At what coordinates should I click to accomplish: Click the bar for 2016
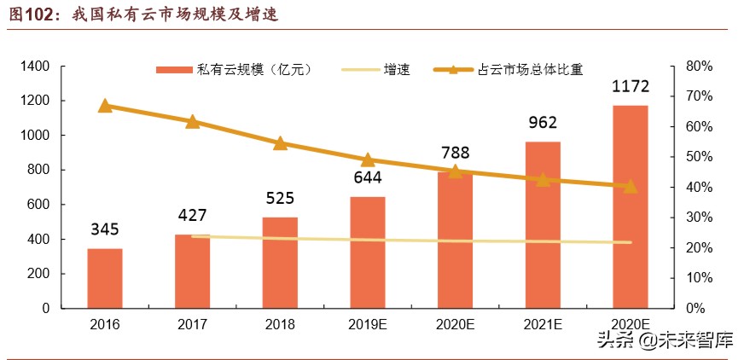[104, 278]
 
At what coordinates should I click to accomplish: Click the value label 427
[192, 215]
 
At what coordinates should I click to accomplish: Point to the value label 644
[367, 177]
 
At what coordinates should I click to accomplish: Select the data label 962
[543, 123]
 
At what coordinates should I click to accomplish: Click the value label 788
[455, 153]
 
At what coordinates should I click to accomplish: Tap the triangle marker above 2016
[105, 106]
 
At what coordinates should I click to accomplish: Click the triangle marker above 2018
[280, 143]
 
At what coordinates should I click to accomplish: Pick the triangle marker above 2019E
[368, 160]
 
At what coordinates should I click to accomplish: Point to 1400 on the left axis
[37, 67]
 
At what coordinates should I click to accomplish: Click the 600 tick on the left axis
[40, 205]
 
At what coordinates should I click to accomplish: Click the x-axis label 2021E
[543, 325]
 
